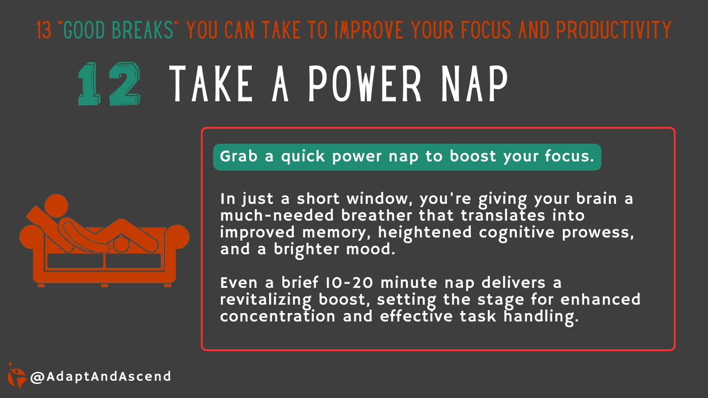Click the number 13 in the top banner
pyautogui.click(x=44, y=30)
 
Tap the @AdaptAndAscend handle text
pyautogui.click(x=101, y=376)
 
